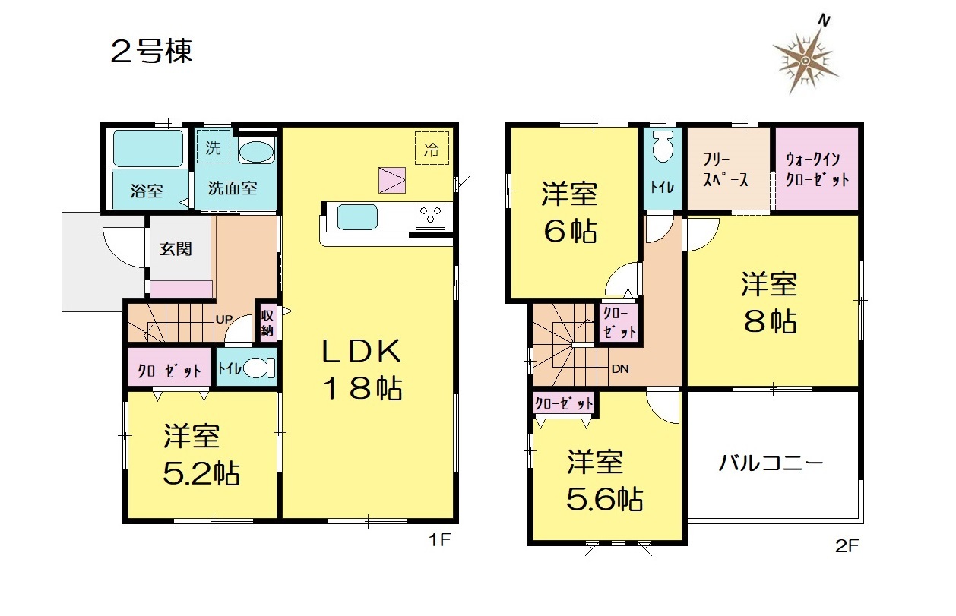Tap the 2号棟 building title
point(151,52)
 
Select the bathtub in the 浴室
point(148,148)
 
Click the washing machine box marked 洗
point(213,147)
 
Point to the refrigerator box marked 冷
point(432,148)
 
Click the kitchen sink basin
point(357,217)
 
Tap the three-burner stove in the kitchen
point(430,216)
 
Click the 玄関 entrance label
point(176,249)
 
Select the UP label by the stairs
point(224,319)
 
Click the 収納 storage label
point(267,323)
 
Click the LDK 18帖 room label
point(362,369)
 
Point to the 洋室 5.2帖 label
point(201,455)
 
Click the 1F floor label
point(439,540)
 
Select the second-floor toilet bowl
point(663,147)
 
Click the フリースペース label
point(726,170)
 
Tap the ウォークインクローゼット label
point(817,170)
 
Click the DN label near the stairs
point(620,368)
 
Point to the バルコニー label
point(771,463)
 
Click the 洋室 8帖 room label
point(770,303)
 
